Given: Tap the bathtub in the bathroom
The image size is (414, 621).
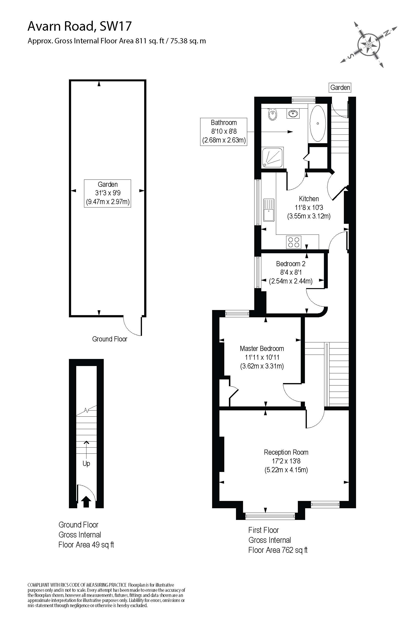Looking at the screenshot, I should click(318, 123).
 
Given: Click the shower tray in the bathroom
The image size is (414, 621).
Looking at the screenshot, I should click(273, 158).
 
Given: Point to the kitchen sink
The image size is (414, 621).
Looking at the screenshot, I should click(269, 210).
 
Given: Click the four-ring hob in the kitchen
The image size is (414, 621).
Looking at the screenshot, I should click(294, 242).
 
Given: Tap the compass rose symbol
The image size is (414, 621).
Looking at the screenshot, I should click(369, 44).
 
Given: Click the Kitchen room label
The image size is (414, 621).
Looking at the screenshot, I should click(309, 199).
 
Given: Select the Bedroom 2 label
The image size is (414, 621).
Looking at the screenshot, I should click(291, 264).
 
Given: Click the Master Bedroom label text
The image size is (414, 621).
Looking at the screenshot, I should click(262, 348).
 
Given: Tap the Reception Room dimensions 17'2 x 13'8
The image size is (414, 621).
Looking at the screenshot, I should click(286, 461).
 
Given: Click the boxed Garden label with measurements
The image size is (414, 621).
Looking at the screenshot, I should click(107, 193).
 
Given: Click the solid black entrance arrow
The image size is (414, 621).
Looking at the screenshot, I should click(86, 501).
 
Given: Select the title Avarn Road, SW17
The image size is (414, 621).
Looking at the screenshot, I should click(79, 26).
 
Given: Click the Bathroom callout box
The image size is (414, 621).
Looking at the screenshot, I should click(223, 132).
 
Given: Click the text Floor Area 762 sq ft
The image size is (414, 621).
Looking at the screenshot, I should click(278, 550).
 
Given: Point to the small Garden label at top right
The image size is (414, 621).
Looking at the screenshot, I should click(340, 87).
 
